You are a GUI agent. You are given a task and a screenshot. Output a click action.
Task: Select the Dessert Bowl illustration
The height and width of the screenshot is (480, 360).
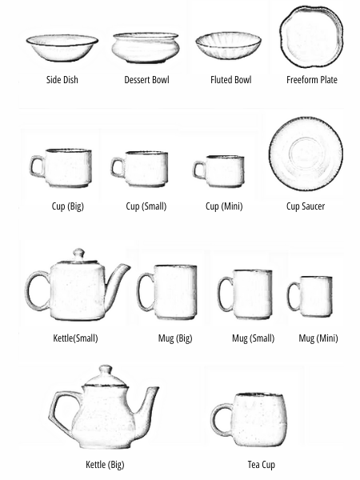(146, 47)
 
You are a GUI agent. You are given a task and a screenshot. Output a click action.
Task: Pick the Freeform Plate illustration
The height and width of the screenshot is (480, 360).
(311, 36)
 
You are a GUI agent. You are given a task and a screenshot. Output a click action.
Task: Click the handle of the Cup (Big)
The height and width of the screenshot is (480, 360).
(36, 166)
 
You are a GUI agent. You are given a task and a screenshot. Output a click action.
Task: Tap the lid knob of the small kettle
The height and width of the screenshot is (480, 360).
(78, 254)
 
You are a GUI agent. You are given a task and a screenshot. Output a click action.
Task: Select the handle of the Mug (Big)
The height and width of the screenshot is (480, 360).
(145, 291)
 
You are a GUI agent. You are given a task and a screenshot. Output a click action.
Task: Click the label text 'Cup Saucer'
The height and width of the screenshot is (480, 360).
(305, 206)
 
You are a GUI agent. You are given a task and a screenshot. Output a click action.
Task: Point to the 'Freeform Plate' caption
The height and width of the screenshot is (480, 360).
(311, 80)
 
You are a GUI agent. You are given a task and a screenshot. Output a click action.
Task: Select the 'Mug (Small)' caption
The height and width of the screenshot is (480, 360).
(253, 338)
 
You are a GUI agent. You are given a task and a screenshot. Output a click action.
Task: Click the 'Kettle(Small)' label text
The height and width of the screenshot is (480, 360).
(75, 338)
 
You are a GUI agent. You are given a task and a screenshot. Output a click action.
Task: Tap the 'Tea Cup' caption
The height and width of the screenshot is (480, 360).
(262, 465)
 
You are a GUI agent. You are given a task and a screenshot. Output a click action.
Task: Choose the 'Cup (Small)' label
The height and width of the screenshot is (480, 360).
(146, 206)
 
